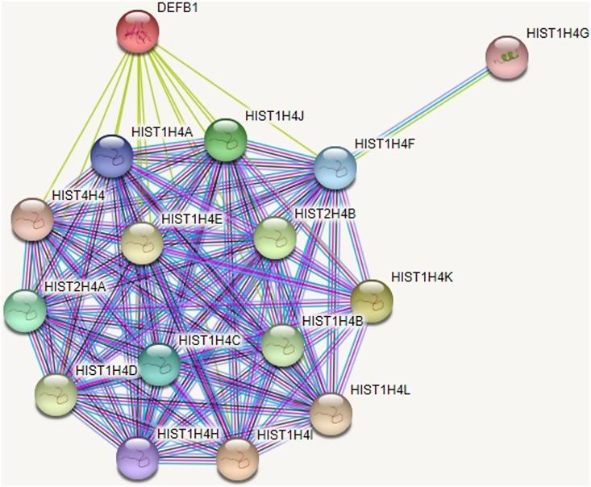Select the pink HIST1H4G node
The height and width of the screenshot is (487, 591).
[507, 57]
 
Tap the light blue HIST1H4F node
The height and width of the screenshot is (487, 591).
[335, 167]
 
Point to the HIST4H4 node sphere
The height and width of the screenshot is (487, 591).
[32, 219]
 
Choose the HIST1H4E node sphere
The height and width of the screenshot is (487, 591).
[142, 243]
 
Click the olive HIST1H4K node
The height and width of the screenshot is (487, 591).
[372, 301]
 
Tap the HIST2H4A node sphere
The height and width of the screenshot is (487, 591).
[24, 311]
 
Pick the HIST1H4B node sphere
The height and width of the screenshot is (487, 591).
[284, 345]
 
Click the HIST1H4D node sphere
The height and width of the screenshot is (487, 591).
[56, 394]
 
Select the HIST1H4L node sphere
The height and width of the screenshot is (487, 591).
[331, 414]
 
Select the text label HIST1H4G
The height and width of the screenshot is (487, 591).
[558, 33]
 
